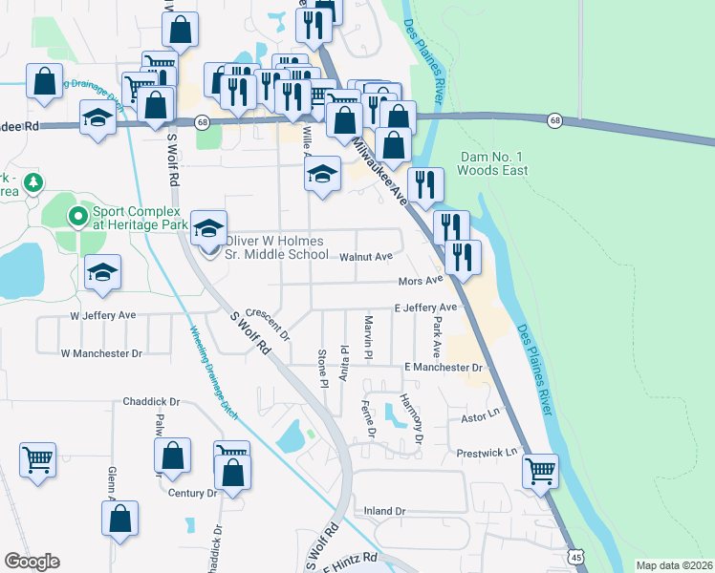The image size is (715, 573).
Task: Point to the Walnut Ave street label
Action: point(366,257)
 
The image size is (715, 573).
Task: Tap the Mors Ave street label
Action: point(421,282)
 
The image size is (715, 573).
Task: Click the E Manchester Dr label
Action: point(444,367)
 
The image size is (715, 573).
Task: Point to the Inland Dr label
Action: point(385,512)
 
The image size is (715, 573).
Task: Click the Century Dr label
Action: point(192,494)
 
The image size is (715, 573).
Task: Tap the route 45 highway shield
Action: point(574,555)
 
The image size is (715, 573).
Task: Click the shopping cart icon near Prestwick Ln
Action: point(540,471)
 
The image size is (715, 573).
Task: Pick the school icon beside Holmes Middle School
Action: point(208,229)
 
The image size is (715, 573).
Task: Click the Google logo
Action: point(32,562)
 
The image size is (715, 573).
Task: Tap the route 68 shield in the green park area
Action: point(554,120)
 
